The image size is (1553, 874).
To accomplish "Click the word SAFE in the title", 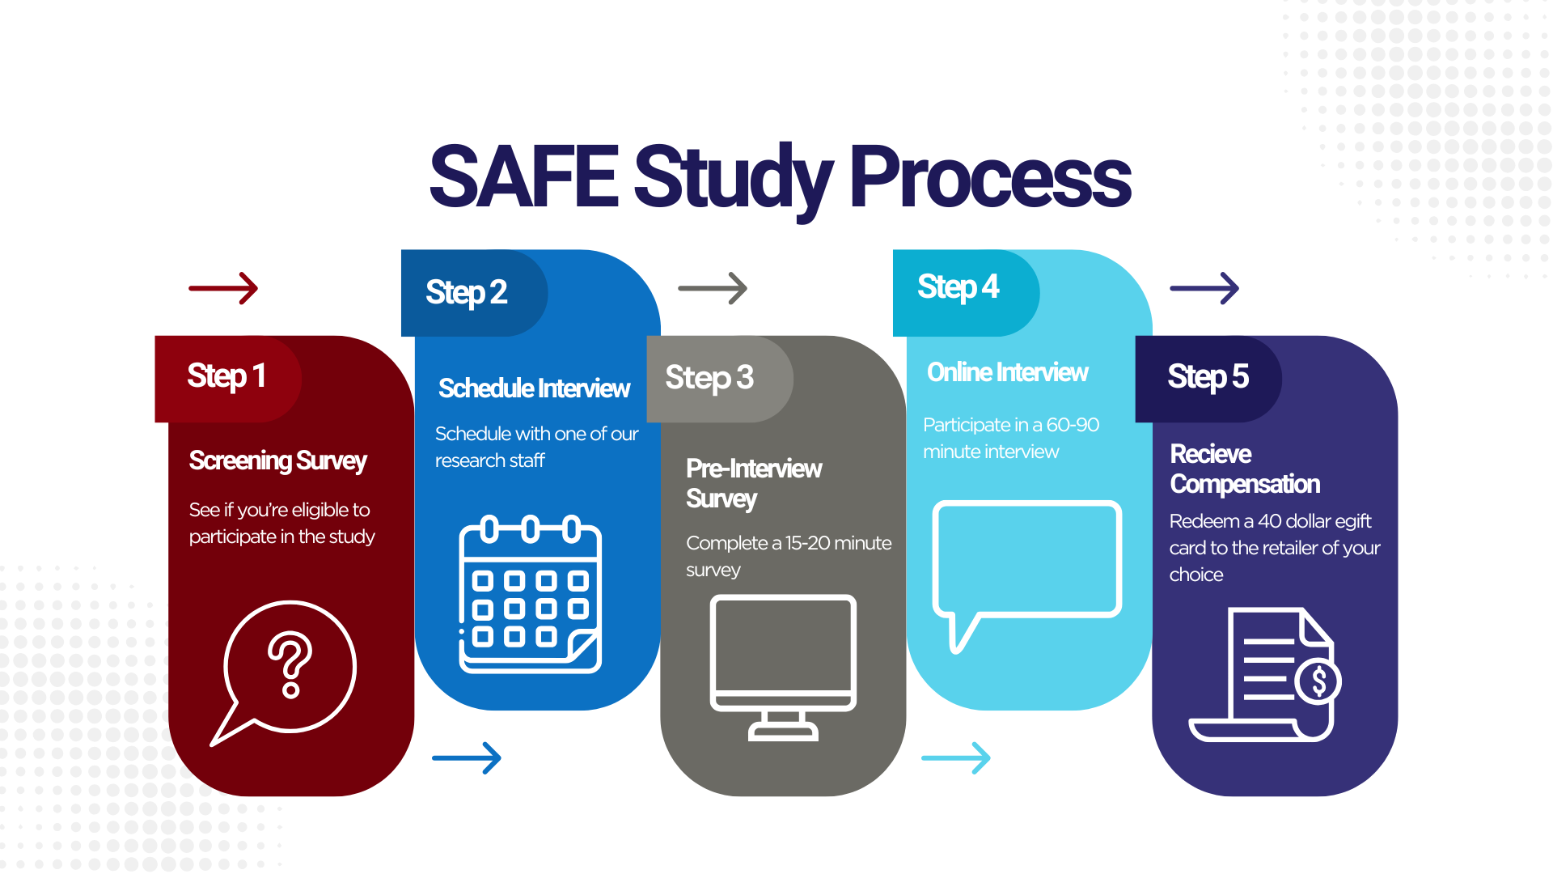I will [x=524, y=176].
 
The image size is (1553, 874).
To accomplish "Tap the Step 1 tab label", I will [x=226, y=376].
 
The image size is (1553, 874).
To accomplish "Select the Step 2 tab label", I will [x=467, y=292].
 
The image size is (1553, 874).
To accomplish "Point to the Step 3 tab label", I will [x=709, y=378].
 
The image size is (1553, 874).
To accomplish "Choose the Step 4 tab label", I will [x=958, y=287].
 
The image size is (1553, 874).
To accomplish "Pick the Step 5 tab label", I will [x=1208, y=377].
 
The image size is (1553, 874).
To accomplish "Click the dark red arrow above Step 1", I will [x=223, y=288].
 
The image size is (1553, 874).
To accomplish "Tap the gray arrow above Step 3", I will [x=713, y=288].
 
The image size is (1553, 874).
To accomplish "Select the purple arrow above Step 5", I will [x=1204, y=288].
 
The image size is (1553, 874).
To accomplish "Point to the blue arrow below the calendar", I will [x=467, y=758].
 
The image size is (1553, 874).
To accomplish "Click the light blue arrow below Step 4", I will [x=956, y=758].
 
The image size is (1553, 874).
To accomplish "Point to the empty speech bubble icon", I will [x=1026, y=566].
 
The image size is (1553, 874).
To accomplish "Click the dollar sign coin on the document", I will [x=1318, y=681].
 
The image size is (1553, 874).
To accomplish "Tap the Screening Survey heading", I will [x=277, y=460].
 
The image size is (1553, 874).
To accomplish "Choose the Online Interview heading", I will [x=1007, y=372].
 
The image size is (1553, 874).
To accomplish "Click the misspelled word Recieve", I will [x=1210, y=454].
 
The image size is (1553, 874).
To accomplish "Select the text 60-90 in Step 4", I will [x=1073, y=425].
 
